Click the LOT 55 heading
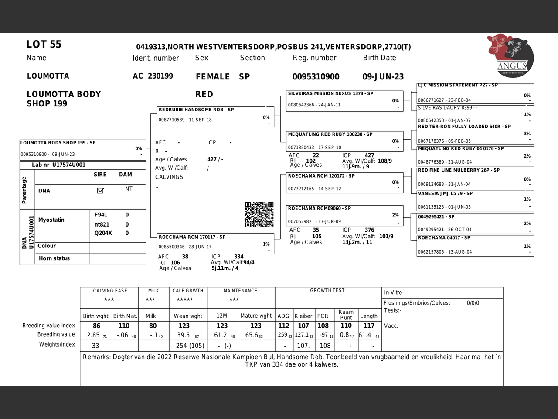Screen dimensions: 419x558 click(x=44, y=45)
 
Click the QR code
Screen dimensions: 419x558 click(x=259, y=214)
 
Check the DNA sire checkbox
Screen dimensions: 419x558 click(x=100, y=190)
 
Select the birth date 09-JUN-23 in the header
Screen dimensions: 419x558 click(x=383, y=77)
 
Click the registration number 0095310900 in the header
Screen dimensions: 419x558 click(x=316, y=77)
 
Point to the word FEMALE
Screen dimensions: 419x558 click(x=213, y=77)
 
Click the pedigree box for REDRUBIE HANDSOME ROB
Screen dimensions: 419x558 click(x=215, y=116)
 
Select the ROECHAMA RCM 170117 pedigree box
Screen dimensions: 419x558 click(x=215, y=243)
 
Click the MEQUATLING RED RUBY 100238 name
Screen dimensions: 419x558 click(x=330, y=134)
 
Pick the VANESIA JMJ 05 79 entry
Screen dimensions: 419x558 click(x=445, y=193)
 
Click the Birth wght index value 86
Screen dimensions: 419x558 click(x=96, y=326)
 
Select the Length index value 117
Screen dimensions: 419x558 click(x=369, y=326)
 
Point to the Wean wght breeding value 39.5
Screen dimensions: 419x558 click(x=183, y=335)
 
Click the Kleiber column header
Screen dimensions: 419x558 click(x=303, y=316)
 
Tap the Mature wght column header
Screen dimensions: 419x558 click(x=256, y=316)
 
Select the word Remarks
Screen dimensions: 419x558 click(x=96, y=357)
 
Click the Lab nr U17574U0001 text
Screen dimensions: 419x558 click(x=58, y=165)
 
